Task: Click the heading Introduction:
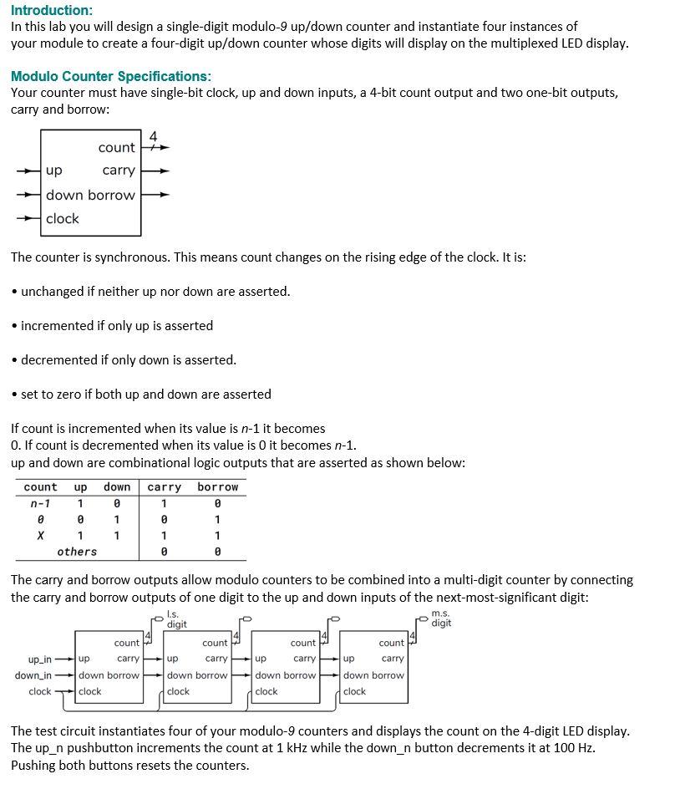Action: tap(52, 10)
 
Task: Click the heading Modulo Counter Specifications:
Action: tap(111, 76)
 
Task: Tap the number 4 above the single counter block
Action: tap(153, 135)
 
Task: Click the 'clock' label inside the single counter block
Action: tap(63, 219)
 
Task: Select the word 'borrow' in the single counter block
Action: tap(111, 196)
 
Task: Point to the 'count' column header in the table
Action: tap(40, 487)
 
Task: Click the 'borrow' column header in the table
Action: tap(217, 487)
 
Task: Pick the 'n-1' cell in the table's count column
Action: tap(39, 503)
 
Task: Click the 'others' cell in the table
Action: tap(77, 552)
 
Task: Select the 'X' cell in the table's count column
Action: tap(40, 536)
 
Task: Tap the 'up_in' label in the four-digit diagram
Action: tap(39, 659)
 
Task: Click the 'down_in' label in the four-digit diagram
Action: tap(33, 675)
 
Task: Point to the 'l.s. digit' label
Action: tap(176, 619)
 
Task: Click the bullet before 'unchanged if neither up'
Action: tap(15, 292)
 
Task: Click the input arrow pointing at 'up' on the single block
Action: tap(28, 171)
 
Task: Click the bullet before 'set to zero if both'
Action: tap(15, 394)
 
